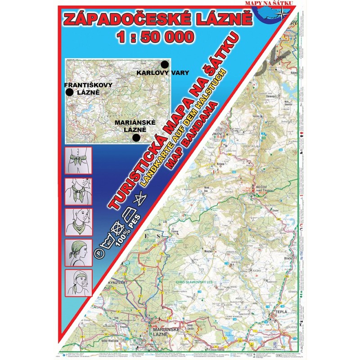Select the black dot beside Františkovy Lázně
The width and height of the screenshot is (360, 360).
(x=69, y=92)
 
